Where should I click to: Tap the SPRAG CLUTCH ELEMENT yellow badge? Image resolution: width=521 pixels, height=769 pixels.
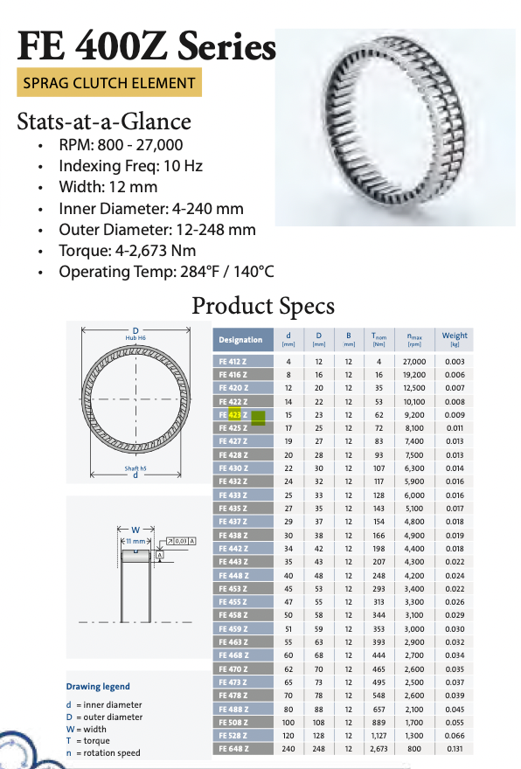point(109,83)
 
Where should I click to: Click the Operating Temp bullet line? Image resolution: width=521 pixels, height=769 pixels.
point(166,272)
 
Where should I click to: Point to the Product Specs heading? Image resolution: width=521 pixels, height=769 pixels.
point(262,306)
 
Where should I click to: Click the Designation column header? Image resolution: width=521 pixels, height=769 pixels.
point(240,339)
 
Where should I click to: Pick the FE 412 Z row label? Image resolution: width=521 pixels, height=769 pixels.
point(233,362)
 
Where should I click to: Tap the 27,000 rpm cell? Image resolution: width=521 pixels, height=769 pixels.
point(413,362)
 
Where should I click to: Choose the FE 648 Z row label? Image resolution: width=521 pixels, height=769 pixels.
point(233,749)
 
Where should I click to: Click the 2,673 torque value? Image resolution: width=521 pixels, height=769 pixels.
point(379,749)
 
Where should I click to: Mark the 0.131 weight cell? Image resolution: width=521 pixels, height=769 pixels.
point(455,749)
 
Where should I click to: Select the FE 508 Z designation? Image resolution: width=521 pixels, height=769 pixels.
point(233,723)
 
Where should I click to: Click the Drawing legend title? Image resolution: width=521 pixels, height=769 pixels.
point(97,686)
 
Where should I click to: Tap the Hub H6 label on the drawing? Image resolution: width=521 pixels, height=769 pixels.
point(135,336)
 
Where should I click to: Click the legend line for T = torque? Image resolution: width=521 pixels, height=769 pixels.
point(95,740)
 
